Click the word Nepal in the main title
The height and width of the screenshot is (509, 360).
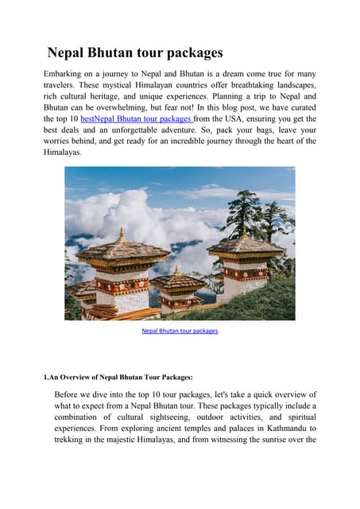pos(68,53)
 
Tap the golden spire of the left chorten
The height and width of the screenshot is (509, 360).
pos(122,235)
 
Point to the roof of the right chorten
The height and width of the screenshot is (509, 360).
pos(246,246)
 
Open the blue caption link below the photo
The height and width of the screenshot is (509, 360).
pos(180,330)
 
